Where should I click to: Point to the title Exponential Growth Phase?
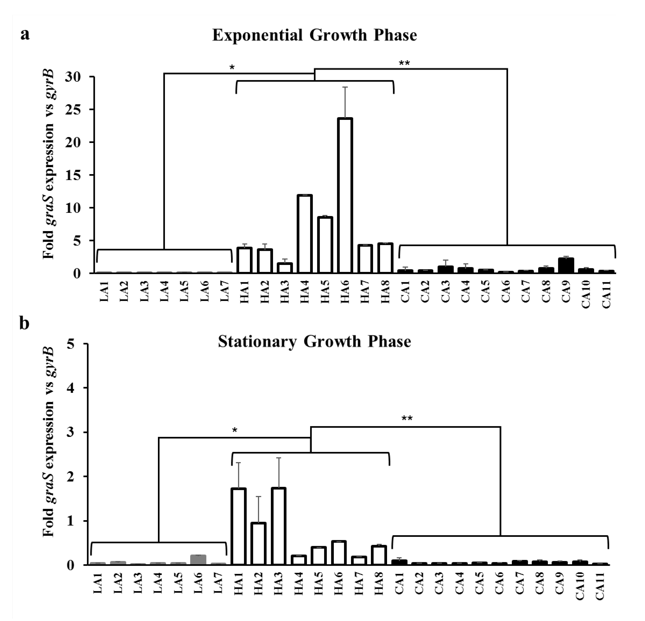point(314,35)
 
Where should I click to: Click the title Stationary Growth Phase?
point(314,342)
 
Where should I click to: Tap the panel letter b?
point(25,324)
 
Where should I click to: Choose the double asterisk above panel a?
point(404,63)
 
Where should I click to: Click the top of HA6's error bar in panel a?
point(345,87)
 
